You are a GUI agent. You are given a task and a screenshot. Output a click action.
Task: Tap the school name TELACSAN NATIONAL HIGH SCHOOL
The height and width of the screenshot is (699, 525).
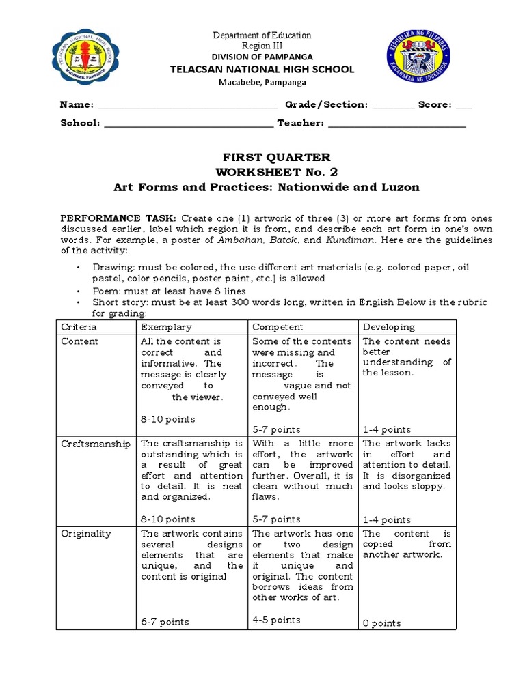[262, 69]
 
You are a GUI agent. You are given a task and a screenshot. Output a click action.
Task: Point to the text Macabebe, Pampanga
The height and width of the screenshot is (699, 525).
[262, 81]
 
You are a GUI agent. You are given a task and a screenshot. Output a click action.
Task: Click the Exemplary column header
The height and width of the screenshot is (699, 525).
[166, 327]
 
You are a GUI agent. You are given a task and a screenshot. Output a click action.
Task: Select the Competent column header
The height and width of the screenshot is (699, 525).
[278, 327]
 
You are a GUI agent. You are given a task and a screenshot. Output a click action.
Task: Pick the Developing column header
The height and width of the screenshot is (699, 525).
[388, 327]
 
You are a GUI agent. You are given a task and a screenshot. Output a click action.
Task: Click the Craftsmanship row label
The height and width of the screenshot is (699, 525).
[96, 444]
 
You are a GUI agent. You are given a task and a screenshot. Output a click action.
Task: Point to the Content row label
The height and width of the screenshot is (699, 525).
[79, 341]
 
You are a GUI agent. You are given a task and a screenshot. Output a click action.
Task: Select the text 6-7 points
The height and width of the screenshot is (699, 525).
[165, 622]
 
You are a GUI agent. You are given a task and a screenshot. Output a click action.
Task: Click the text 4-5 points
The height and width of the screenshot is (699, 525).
[276, 620]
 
